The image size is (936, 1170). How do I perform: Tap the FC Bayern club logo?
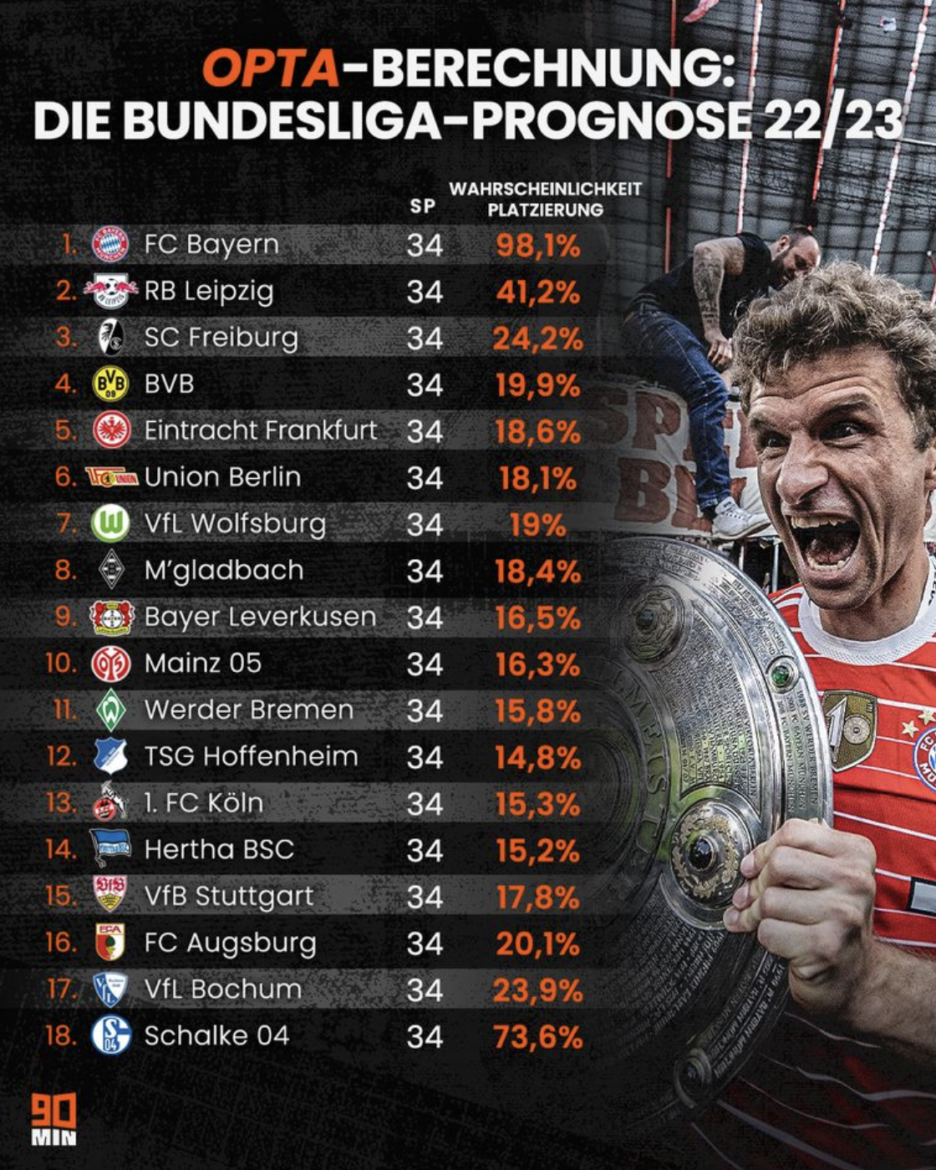coord(110,244)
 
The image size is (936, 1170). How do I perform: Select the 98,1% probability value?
coord(537,246)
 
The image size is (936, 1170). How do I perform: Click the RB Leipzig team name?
coord(209,291)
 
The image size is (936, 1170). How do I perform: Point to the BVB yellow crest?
coord(110,384)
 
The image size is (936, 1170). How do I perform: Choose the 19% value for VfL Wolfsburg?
coord(537,526)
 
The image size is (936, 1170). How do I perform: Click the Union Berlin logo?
coord(111,477)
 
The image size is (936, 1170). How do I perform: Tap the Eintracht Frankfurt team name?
coord(261,430)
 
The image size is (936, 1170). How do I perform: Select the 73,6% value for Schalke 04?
coord(537,1037)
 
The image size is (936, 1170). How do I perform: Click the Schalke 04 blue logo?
coord(111,1035)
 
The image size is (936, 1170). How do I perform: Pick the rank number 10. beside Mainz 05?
coord(61,664)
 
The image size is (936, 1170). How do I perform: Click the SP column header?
coord(423,206)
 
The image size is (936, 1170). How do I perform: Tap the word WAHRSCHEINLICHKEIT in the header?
coord(545,189)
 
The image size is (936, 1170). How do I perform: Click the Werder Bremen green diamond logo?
coord(110,710)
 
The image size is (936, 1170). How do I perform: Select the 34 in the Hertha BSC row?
coord(425,851)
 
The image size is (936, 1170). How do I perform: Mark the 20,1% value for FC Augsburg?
coord(537,944)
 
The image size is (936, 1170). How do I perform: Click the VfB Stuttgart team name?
coord(229,896)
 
